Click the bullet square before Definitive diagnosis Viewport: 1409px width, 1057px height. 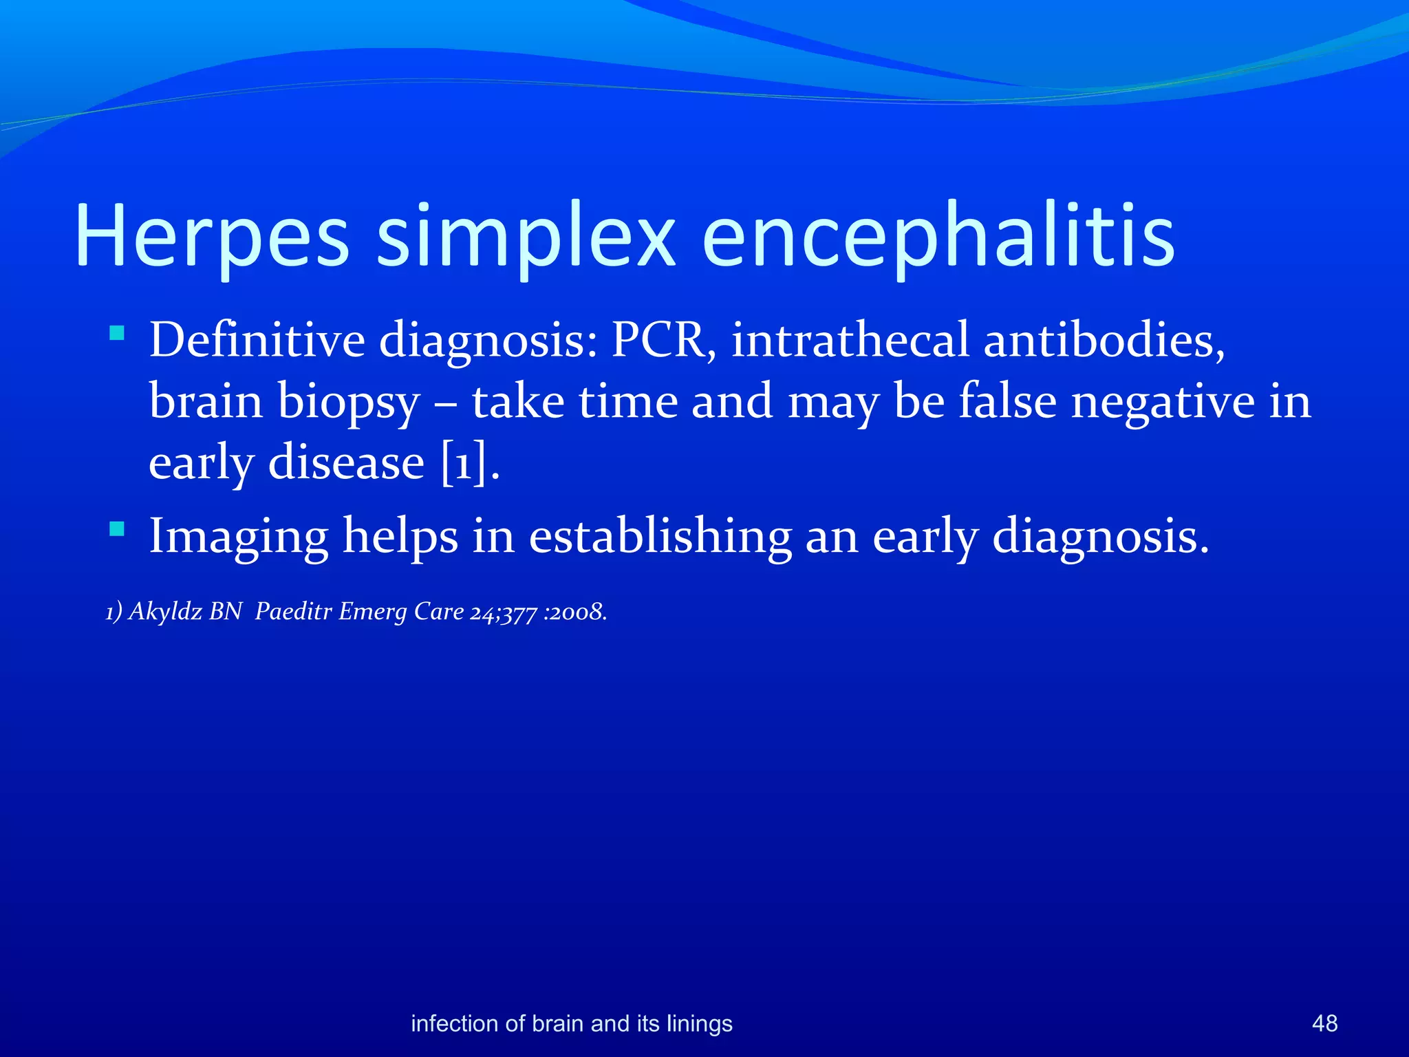coord(117,334)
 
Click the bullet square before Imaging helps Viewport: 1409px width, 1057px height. coord(117,529)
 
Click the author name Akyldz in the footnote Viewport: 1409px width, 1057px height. coord(165,611)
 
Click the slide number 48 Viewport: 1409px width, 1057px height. coord(1324,1023)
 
